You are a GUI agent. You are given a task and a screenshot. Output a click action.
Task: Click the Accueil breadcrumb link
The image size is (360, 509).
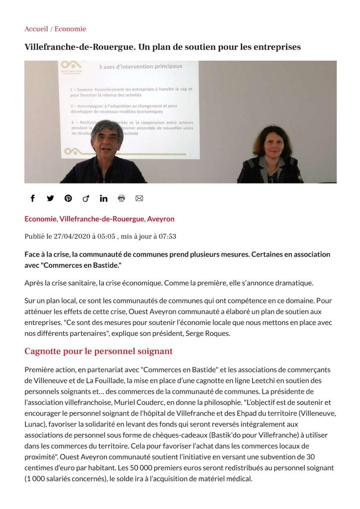pyautogui.click(x=36, y=29)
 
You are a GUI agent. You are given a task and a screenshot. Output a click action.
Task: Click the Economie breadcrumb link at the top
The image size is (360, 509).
pyautogui.click(x=70, y=29)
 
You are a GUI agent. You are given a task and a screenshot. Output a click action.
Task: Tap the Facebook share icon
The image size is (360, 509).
pyautogui.click(x=33, y=198)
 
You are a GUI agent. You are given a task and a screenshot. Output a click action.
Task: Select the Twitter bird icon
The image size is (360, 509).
pyautogui.click(x=50, y=198)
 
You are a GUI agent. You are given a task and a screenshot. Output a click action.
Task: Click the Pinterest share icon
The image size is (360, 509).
pyautogui.click(x=68, y=198)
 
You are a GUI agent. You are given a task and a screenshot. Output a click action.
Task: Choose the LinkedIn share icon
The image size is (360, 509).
pyautogui.click(x=103, y=198)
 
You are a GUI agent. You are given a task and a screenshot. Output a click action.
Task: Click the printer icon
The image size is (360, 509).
pyautogui.click(x=121, y=198)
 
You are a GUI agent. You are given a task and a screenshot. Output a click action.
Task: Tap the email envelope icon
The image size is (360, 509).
pyautogui.click(x=139, y=198)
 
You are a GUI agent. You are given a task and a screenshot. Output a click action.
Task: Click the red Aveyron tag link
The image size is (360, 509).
pyautogui.click(x=161, y=219)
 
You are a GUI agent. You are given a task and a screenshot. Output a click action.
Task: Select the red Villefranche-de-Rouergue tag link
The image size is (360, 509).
pyautogui.click(x=101, y=219)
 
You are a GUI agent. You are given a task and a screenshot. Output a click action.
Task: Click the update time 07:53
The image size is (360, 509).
pyautogui.click(x=166, y=236)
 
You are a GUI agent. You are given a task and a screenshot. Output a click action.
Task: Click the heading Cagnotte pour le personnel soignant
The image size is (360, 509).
pyautogui.click(x=98, y=351)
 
